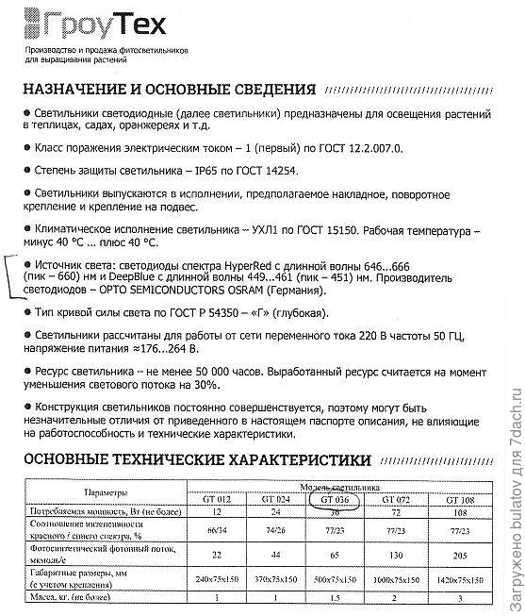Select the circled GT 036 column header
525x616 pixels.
tap(336, 497)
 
